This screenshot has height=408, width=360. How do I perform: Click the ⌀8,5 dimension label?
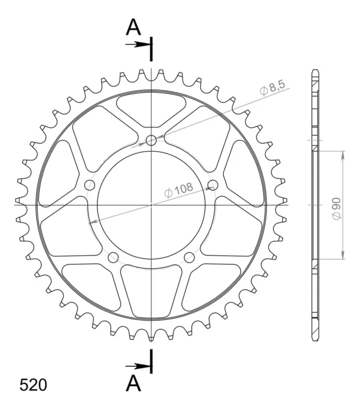(x=273, y=88)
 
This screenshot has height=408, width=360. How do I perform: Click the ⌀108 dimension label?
(x=179, y=190)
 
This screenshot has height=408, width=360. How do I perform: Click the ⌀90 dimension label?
(x=337, y=209)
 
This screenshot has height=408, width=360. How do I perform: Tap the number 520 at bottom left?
(x=33, y=385)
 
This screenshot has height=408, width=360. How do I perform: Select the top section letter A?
(x=133, y=28)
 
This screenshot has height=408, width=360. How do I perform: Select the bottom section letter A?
(x=133, y=383)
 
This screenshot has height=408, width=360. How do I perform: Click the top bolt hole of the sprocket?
(x=151, y=141)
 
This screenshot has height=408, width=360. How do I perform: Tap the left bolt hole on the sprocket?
(x=90, y=185)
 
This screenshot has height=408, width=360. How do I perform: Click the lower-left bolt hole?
(x=113, y=258)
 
